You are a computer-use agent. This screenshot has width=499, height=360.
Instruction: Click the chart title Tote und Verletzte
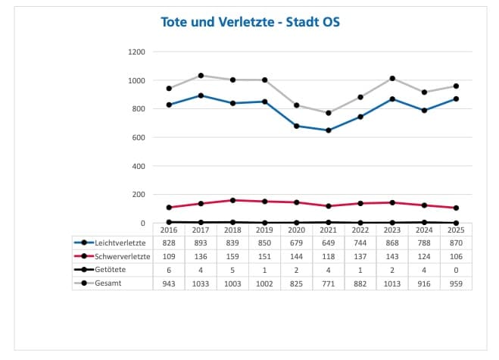(x=251, y=22)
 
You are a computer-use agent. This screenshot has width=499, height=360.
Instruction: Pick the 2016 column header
(x=169, y=230)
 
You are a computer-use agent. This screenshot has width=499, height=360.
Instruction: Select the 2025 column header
(x=455, y=230)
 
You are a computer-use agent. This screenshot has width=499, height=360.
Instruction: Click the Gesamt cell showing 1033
(x=201, y=283)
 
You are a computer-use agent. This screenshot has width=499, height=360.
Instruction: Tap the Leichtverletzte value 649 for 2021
(x=328, y=243)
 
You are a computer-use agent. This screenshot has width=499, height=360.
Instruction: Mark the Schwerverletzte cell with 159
(x=232, y=256)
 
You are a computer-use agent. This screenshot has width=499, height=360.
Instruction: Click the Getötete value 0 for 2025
(x=455, y=270)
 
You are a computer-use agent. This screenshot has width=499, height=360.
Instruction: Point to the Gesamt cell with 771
(x=328, y=283)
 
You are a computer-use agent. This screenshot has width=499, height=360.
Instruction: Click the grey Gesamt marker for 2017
(x=201, y=76)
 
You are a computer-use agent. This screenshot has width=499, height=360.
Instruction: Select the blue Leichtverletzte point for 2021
(x=328, y=130)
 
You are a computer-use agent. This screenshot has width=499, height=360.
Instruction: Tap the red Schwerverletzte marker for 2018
(x=232, y=200)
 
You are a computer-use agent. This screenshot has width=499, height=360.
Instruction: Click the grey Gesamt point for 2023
(x=391, y=78)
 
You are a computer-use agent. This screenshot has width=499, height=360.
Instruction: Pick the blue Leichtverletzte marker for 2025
(x=455, y=99)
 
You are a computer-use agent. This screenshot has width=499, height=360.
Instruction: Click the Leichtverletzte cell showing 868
(x=391, y=243)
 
